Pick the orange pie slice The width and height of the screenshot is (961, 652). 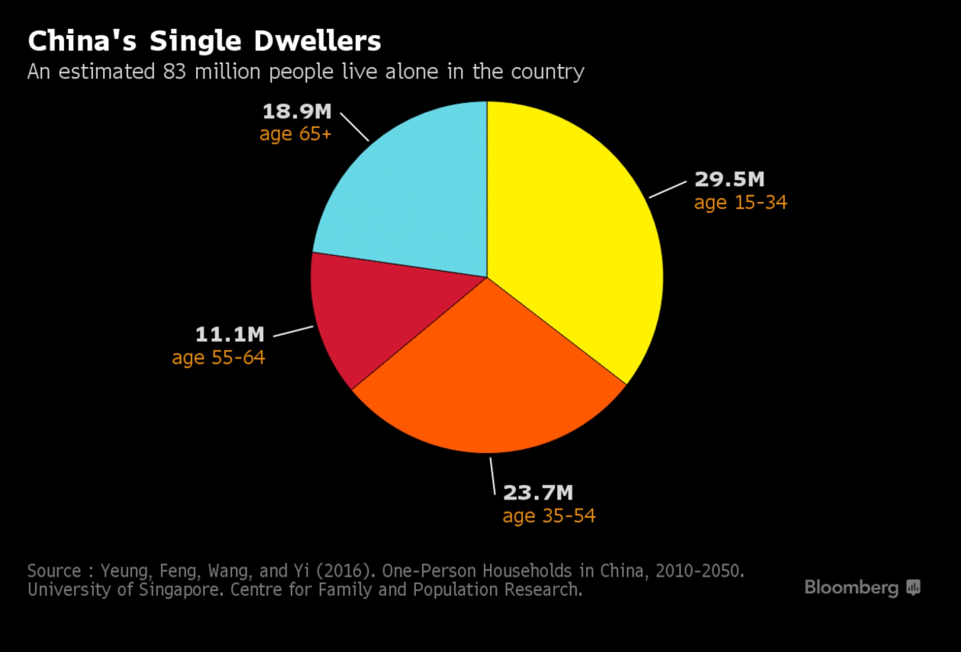click(x=488, y=380)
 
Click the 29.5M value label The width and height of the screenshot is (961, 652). click(x=729, y=179)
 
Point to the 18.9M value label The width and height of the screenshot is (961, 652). click(x=297, y=111)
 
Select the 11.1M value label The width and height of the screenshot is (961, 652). click(x=230, y=334)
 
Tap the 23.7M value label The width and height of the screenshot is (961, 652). click(x=538, y=492)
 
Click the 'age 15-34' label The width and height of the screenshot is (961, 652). click(x=740, y=203)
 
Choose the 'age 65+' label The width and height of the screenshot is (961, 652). click(x=295, y=134)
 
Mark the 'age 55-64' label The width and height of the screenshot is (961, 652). click(x=218, y=358)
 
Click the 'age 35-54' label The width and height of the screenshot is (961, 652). click(x=549, y=516)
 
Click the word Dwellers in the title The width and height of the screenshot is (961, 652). click(x=317, y=41)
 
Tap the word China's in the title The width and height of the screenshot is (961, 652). click(x=82, y=41)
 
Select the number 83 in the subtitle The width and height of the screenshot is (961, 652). click(x=174, y=72)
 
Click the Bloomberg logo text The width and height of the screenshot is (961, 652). click(x=851, y=587)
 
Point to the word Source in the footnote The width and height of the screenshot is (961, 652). click(x=54, y=571)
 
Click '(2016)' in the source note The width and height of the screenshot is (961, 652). click(x=346, y=571)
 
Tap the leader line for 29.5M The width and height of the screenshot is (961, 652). click(x=668, y=190)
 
